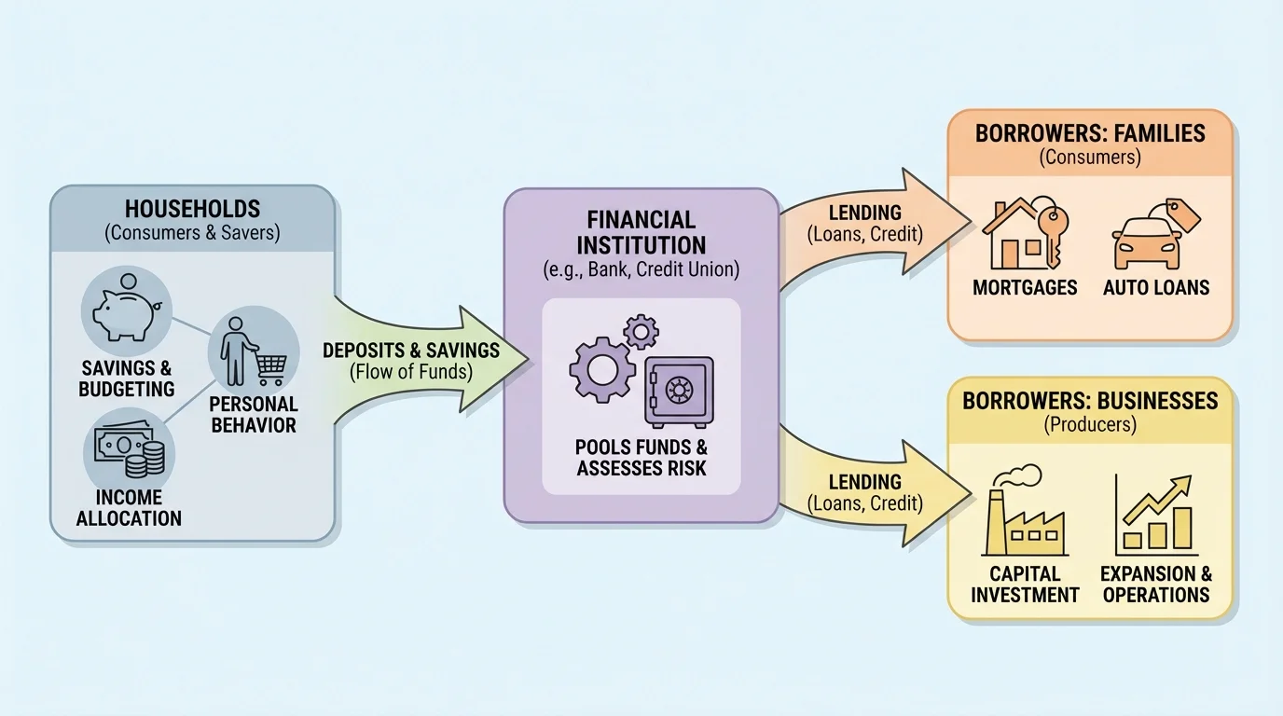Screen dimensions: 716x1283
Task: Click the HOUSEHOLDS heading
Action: [x=193, y=209]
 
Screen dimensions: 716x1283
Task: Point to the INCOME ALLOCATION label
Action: [x=129, y=508]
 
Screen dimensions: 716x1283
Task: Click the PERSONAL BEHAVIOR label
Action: [x=253, y=415]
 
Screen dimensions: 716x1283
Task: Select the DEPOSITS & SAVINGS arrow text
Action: [x=411, y=351]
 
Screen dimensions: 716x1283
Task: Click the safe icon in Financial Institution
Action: [x=678, y=391]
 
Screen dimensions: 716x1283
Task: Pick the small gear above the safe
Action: [x=641, y=330]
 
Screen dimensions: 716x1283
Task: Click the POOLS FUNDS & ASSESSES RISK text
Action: [x=641, y=457]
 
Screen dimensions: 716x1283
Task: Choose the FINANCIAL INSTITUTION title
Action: [x=641, y=232]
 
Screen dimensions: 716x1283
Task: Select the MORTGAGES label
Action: [x=1025, y=287]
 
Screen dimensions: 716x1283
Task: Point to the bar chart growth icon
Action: [x=1156, y=515]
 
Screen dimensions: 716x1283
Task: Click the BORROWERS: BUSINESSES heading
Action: [x=1090, y=401]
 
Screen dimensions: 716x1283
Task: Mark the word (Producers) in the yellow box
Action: [x=1090, y=425]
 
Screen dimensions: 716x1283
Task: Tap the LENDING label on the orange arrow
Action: [x=864, y=213]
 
